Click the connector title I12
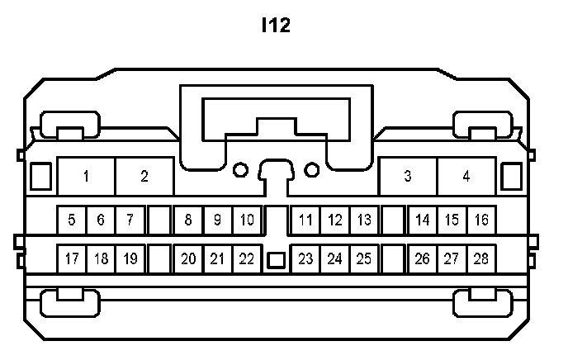coord(276,26)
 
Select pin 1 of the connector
coord(86,176)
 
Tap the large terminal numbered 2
coord(144,176)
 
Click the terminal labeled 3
coord(408,176)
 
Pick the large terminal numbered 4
coord(466,176)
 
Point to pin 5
coord(72,220)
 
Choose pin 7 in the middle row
coord(130,220)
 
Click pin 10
coord(247,220)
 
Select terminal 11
coord(305,220)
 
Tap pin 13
coord(363,220)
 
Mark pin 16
coord(481,220)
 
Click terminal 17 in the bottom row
coord(72,258)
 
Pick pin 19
coord(130,258)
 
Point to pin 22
coord(247,258)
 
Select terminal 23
coord(305,258)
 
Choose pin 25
coord(363,258)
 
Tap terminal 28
coord(481,258)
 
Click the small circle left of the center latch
coord(240,170)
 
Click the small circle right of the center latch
coord(312,170)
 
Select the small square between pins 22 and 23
coord(276,260)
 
